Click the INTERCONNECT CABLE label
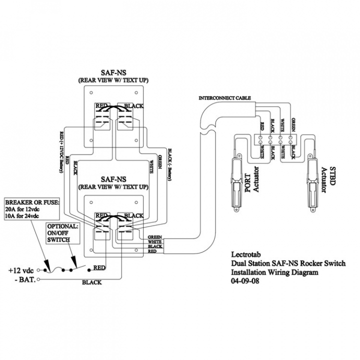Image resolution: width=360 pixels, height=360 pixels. coord(224,97)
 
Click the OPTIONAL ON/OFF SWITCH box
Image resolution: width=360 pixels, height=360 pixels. coord(62,233)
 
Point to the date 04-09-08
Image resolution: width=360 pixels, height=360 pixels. coord(245,281)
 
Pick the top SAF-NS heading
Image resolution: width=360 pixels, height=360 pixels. coord(113,73)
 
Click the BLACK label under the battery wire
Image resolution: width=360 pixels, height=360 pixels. coord(91,282)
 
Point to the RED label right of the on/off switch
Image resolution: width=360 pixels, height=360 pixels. coord(99,268)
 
